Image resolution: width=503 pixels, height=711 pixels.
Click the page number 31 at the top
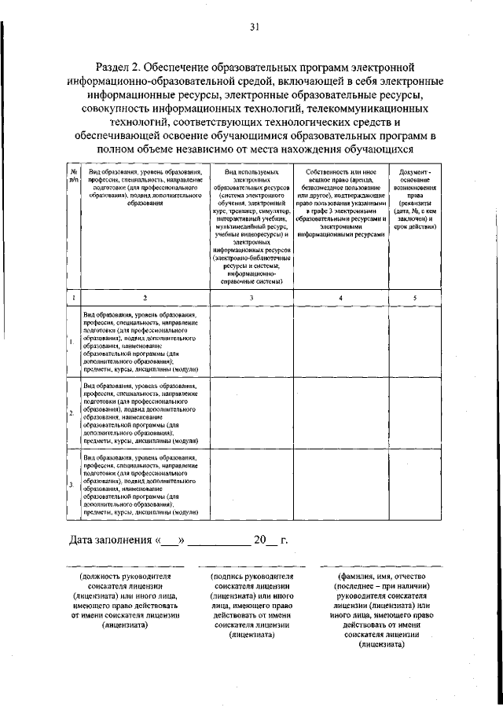point(254,27)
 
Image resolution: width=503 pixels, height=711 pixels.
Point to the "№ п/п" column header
point(72,175)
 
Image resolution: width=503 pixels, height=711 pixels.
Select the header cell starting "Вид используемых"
point(251,225)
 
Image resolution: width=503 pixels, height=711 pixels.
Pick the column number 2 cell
point(145,298)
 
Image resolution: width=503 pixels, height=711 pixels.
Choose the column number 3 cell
point(251,298)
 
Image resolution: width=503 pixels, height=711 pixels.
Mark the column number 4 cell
point(340,298)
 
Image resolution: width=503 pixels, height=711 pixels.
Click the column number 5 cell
point(415,298)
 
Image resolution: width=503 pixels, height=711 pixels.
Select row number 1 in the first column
point(72,342)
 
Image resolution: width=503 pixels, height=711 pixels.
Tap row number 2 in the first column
point(72,412)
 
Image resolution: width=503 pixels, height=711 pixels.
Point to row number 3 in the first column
point(72,484)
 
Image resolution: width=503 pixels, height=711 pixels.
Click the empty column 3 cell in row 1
point(251,342)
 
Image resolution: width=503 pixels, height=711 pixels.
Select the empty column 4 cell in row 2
point(340,412)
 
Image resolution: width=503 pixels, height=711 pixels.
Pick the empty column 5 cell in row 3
point(415,484)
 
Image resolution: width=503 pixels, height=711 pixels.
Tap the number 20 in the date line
point(259,541)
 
